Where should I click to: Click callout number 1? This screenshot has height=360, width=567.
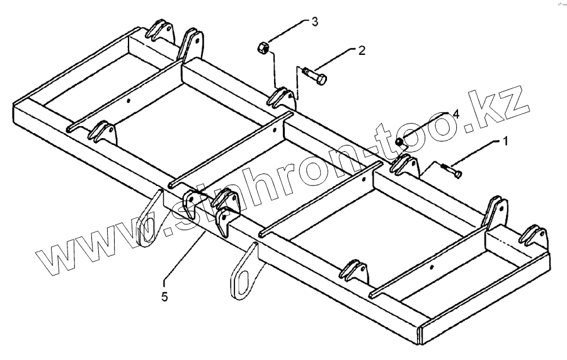pos(503,142)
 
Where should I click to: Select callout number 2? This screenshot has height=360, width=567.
pos(361,50)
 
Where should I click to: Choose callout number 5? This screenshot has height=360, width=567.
pos(164,296)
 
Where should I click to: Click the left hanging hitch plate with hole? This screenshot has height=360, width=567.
pos(149,220)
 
